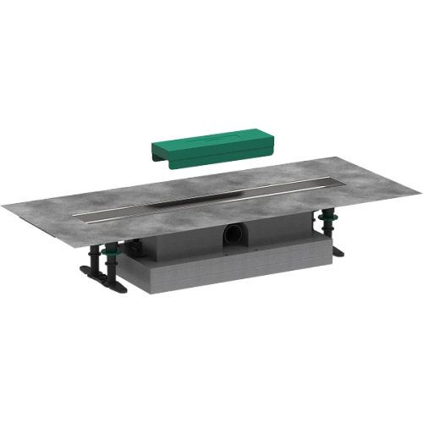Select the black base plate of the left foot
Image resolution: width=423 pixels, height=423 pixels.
(91, 272)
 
